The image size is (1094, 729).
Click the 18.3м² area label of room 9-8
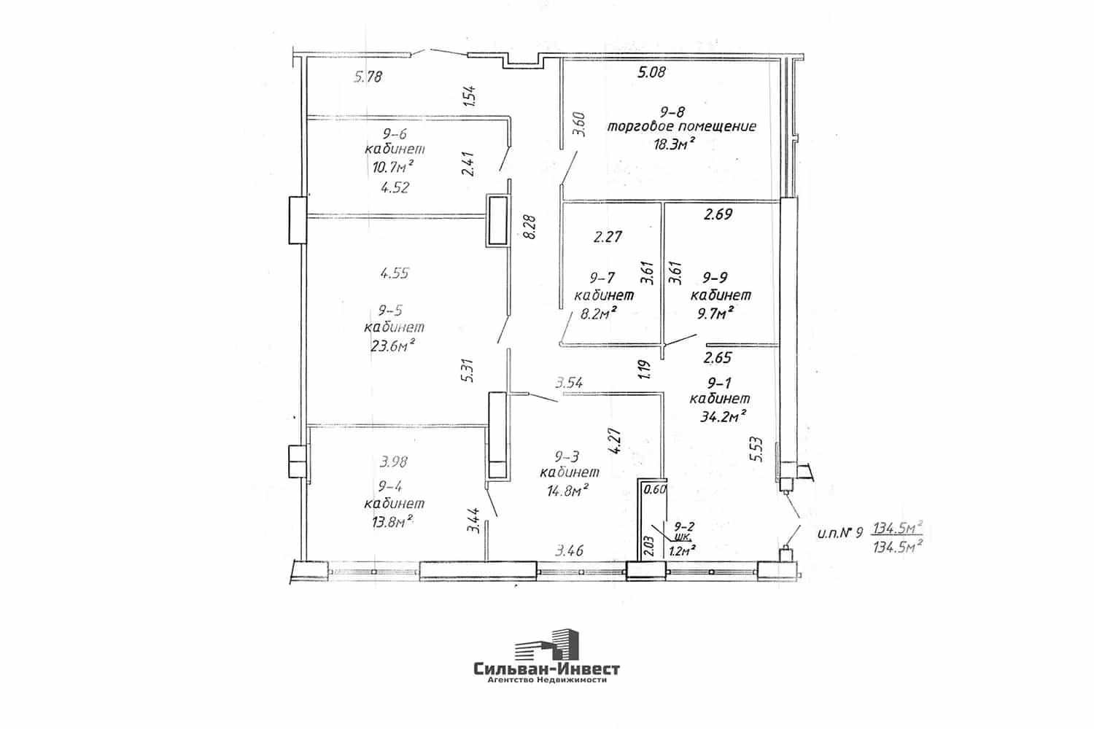pyautogui.click(x=674, y=144)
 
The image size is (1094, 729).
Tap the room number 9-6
pyautogui.click(x=395, y=134)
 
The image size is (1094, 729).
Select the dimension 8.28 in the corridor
pyautogui.click(x=529, y=227)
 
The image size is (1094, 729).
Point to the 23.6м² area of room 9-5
pyautogui.click(x=392, y=346)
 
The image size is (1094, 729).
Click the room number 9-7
pyautogui.click(x=602, y=278)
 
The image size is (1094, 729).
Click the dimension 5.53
pyautogui.click(x=756, y=449)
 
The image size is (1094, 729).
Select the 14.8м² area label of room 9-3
pyautogui.click(x=567, y=489)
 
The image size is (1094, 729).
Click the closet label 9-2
pyautogui.click(x=684, y=526)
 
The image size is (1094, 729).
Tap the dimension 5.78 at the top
pyautogui.click(x=368, y=77)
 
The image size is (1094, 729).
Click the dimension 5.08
pyautogui.click(x=652, y=73)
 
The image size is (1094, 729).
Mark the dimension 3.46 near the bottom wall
pyautogui.click(x=570, y=551)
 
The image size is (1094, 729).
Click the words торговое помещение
pyautogui.click(x=681, y=126)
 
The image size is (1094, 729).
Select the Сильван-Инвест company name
pyautogui.click(x=546, y=668)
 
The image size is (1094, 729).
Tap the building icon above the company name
pyautogui.click(x=546, y=644)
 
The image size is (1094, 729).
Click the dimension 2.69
pyautogui.click(x=718, y=214)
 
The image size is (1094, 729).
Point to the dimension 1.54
pyautogui.click(x=469, y=95)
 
